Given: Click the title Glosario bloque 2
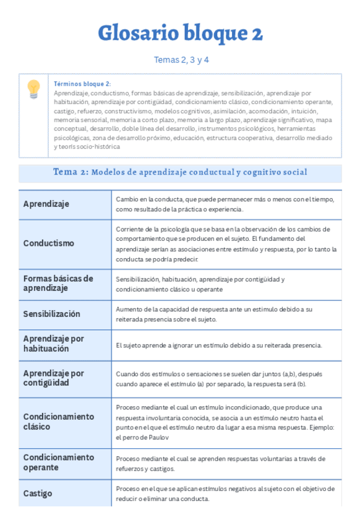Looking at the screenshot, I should click(x=180, y=33).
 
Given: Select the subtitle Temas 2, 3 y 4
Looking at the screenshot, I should click(x=180, y=60).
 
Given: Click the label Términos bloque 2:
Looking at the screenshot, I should click(x=82, y=84).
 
